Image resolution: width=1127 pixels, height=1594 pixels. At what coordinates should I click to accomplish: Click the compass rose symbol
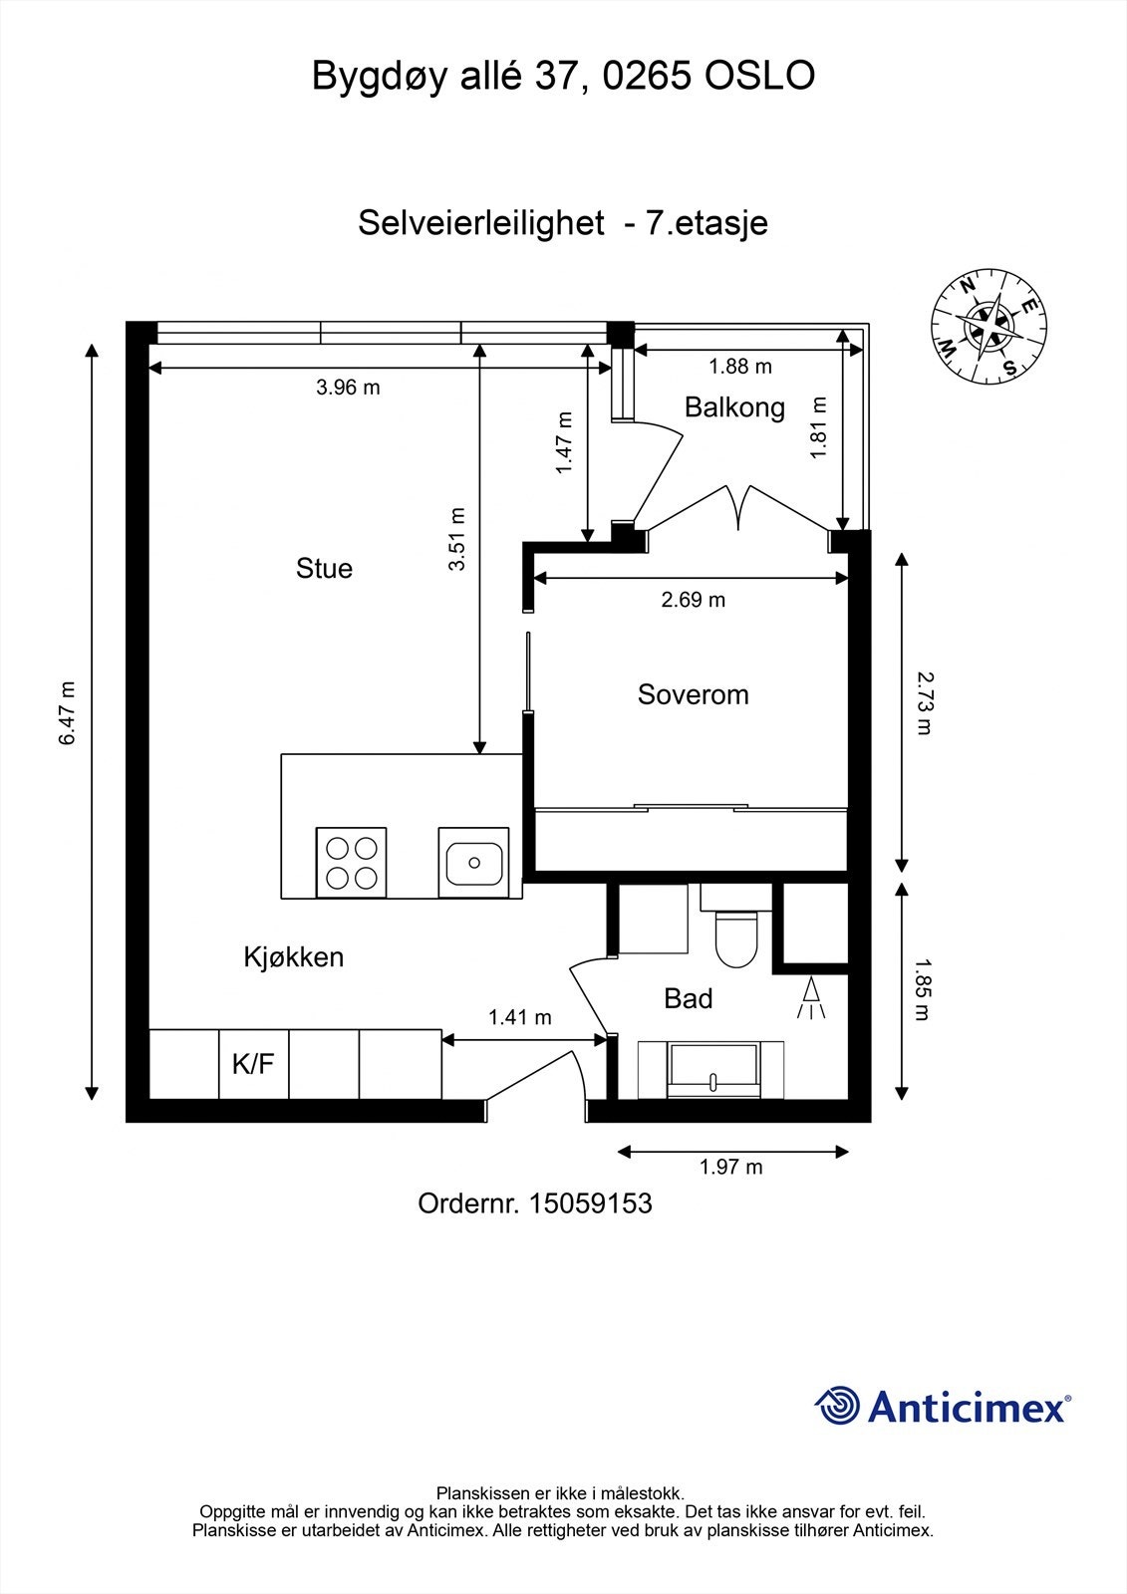point(988,327)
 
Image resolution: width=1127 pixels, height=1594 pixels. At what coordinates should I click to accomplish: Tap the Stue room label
point(324,569)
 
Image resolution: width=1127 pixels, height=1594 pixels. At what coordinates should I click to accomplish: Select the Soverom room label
point(693,694)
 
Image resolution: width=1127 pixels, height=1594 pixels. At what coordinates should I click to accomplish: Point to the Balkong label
point(734,407)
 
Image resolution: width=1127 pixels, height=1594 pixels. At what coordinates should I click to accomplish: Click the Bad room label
point(688,998)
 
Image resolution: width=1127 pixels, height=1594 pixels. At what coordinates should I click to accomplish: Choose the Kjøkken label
point(293,957)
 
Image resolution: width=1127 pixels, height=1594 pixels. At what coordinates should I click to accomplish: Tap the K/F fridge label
point(253,1064)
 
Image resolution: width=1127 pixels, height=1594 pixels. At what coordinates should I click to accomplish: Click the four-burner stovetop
point(351,862)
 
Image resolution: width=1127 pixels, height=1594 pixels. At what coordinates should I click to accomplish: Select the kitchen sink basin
point(473,862)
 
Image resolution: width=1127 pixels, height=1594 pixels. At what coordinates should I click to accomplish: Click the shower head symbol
point(811,997)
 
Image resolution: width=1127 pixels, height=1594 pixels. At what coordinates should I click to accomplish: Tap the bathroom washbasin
point(711,1070)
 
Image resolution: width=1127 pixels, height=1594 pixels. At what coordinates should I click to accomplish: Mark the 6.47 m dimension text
point(67,713)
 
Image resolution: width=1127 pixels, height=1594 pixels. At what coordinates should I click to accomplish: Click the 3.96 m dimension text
point(348,388)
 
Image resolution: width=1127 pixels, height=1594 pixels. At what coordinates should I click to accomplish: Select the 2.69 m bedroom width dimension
point(693,600)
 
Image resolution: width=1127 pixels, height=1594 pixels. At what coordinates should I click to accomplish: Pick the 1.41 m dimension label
point(520,1017)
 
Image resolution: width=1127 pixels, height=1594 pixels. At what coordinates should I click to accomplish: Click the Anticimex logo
point(943,1406)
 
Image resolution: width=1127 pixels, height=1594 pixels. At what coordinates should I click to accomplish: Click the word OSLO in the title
point(759,76)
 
